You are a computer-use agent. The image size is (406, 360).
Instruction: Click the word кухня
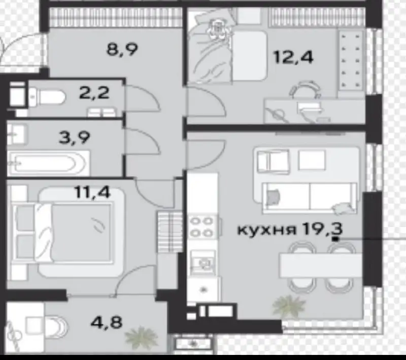click(x=266, y=229)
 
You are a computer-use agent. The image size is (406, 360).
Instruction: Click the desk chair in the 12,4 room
click(x=306, y=91)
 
